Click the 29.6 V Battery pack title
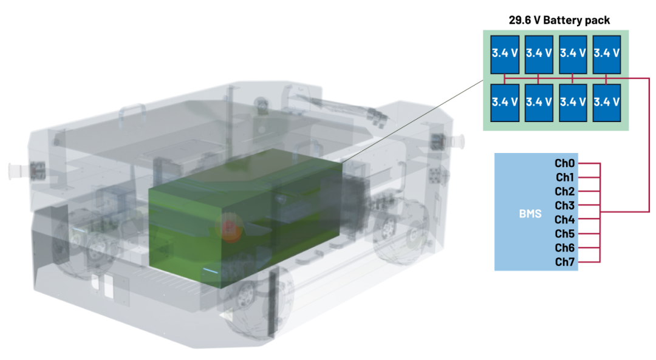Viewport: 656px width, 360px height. pyautogui.click(x=559, y=20)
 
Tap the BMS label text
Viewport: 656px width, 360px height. pyautogui.click(x=530, y=214)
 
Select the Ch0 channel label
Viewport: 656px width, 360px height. pyautogui.click(x=565, y=163)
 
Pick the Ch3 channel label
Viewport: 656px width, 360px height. pyautogui.click(x=565, y=205)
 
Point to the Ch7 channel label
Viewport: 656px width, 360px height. pyautogui.click(x=565, y=262)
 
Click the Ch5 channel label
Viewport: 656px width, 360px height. pyautogui.click(x=565, y=233)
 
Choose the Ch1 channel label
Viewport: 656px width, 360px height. pyautogui.click(x=565, y=177)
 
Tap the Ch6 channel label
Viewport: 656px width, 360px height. pyautogui.click(x=565, y=248)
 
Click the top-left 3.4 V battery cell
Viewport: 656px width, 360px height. pyautogui.click(x=505, y=55)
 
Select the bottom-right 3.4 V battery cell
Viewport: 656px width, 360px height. pyautogui.click(x=607, y=103)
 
